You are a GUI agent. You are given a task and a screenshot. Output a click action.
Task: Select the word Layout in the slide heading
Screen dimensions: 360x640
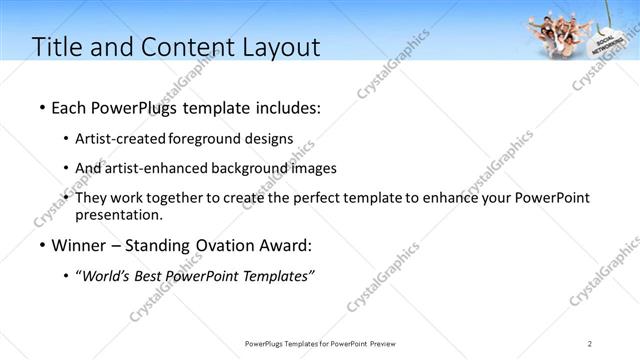279,47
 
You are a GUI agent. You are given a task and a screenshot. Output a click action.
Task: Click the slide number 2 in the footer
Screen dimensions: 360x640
590,344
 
